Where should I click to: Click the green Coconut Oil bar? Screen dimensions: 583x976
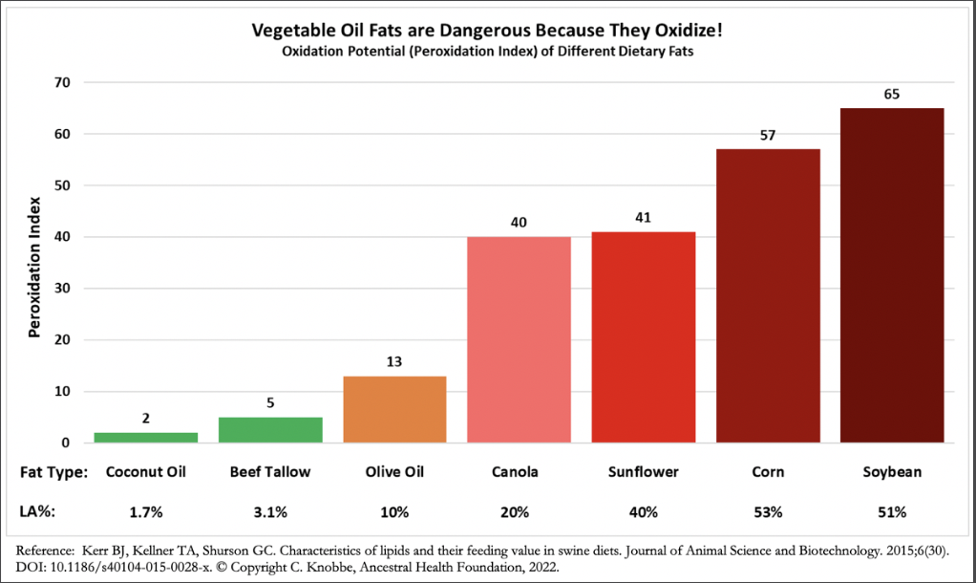[x=146, y=438]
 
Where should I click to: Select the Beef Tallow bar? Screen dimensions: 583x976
[x=270, y=430]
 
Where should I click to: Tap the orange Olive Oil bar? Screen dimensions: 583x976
[x=394, y=409]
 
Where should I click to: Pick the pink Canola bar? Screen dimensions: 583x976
[x=519, y=339]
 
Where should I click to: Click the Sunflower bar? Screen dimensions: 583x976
[x=644, y=336]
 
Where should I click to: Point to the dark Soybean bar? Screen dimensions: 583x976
[x=892, y=275]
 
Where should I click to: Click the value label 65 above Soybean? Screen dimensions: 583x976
[x=892, y=95]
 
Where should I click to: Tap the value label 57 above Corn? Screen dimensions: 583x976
[x=768, y=136]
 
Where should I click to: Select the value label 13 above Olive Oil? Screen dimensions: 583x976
[x=394, y=362]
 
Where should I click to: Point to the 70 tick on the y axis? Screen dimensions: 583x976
[x=63, y=83]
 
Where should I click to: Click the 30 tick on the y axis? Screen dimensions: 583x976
[x=63, y=289]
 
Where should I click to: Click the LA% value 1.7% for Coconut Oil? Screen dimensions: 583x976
[x=146, y=512]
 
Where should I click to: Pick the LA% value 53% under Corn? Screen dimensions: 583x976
[x=768, y=512]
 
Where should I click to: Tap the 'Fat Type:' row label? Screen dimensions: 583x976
[x=53, y=472]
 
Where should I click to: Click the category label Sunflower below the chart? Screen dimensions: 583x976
[x=644, y=472]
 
